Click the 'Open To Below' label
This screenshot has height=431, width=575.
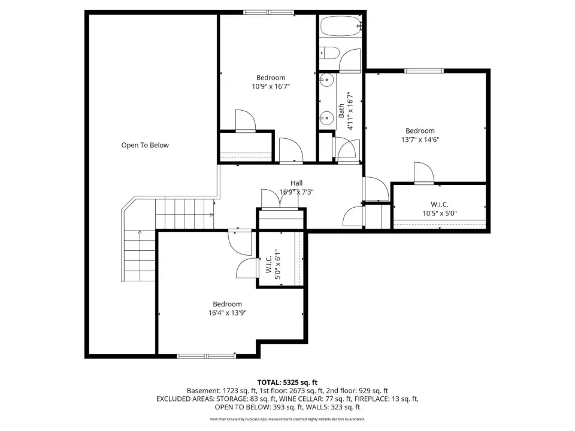[145, 145]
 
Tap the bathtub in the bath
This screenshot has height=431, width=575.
[341, 26]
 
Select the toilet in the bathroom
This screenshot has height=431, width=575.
[329, 53]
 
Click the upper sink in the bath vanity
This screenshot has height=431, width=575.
[326, 79]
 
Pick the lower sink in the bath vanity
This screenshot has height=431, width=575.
[326, 118]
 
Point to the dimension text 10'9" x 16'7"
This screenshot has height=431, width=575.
[271, 86]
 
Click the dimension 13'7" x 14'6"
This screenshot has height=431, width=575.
[420, 139]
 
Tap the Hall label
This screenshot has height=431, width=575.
[296, 183]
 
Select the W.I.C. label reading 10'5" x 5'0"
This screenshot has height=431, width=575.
[439, 209]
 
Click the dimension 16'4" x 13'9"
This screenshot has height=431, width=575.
[228, 313]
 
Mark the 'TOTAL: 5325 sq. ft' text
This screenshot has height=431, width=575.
[287, 383]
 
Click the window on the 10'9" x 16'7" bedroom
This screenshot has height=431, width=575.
[269, 13]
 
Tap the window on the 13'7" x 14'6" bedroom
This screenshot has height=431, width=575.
[424, 71]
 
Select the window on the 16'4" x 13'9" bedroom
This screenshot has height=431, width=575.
[206, 356]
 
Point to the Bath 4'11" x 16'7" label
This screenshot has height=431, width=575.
[346, 111]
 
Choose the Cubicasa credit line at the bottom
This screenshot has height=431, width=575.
[287, 419]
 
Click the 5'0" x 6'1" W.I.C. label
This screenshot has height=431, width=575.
[274, 264]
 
